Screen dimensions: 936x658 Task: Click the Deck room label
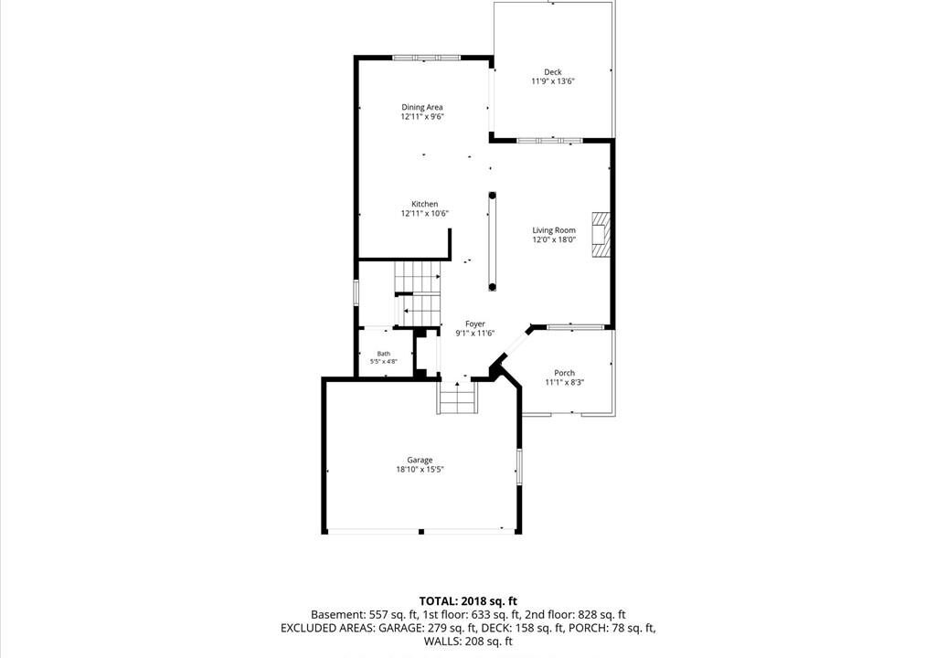(x=553, y=72)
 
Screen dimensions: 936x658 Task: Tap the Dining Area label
(x=422, y=108)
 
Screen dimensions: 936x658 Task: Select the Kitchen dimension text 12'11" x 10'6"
(x=424, y=213)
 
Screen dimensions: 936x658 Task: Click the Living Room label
(x=554, y=230)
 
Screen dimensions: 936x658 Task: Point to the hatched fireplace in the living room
(x=601, y=234)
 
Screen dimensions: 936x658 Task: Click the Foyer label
(x=475, y=324)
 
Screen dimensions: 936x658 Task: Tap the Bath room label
(x=383, y=354)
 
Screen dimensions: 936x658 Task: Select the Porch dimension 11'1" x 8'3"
(x=564, y=382)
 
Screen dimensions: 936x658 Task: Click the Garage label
(x=420, y=460)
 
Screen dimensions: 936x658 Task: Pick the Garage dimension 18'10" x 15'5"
(x=420, y=470)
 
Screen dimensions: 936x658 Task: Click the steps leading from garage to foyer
(x=458, y=397)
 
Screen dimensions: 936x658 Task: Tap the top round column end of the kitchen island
(x=493, y=196)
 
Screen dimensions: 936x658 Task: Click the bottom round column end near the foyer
(x=493, y=287)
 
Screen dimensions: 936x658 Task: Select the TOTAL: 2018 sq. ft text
(x=468, y=601)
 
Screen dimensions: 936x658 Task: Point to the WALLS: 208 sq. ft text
(x=468, y=642)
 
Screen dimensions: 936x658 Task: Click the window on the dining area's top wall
(x=426, y=58)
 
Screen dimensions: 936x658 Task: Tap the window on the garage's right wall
(x=519, y=466)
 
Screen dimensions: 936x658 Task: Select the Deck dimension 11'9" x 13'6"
(x=553, y=81)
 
